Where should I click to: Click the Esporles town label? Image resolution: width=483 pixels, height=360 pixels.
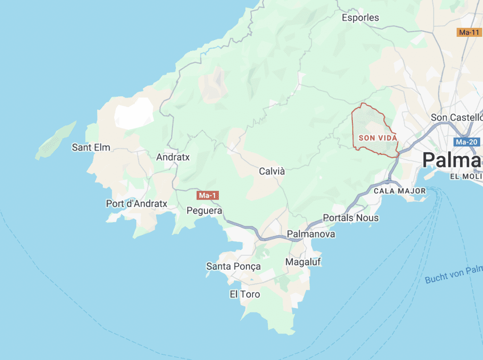(x=360, y=17)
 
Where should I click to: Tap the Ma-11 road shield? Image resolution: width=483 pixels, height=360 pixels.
(x=468, y=32)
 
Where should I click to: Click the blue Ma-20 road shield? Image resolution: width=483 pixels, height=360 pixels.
(x=467, y=142)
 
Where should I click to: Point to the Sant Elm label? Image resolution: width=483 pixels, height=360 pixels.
(x=91, y=147)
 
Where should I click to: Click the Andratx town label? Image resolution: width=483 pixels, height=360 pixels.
(x=173, y=157)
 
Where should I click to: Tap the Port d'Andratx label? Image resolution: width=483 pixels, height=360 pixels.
(x=137, y=204)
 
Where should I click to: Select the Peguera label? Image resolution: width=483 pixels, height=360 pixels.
(x=204, y=210)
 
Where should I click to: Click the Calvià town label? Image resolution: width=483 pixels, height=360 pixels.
(x=272, y=171)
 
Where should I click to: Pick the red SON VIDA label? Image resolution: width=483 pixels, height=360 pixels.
(x=378, y=138)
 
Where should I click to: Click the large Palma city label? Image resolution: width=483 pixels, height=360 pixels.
(x=452, y=160)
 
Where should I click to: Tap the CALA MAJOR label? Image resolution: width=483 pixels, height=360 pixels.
(x=400, y=191)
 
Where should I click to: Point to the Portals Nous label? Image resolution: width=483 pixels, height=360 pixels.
(x=350, y=218)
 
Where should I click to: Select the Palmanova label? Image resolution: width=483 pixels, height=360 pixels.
(x=311, y=234)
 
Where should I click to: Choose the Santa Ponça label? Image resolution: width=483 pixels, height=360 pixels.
(x=233, y=267)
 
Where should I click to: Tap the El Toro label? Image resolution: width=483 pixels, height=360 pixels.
(x=245, y=294)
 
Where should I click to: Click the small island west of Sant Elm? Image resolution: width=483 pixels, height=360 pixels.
(x=56, y=140)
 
